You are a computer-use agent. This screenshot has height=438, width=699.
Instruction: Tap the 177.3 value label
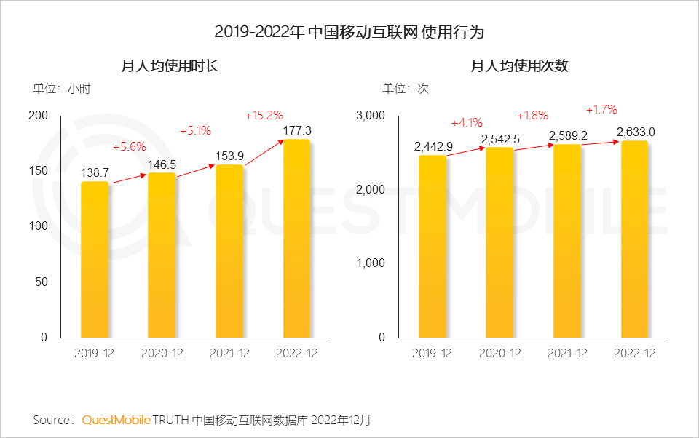pyautogui.click(x=296, y=130)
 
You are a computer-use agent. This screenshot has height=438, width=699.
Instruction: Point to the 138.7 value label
pyautogui.click(x=95, y=172)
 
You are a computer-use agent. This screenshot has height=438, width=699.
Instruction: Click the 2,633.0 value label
pyautogui.click(x=636, y=132)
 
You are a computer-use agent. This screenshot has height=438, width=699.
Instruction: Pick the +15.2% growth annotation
pyautogui.click(x=264, y=115)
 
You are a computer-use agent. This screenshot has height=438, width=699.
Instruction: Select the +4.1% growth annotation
pyautogui.click(x=467, y=122)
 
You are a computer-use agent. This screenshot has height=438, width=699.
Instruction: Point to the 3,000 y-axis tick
pyautogui.click(x=371, y=116)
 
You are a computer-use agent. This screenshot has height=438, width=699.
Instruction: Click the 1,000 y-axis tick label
pyautogui.click(x=371, y=263)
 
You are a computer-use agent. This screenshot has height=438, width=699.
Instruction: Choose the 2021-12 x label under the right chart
pyautogui.click(x=567, y=353)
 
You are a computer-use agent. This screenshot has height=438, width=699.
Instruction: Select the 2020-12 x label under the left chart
pyautogui.click(x=162, y=353)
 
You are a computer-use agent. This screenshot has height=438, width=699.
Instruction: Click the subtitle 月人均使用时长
pyautogui.click(x=170, y=65)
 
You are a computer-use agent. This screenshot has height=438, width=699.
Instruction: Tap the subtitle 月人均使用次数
pyautogui.click(x=518, y=65)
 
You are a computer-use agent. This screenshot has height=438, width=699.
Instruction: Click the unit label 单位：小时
pyautogui.click(x=61, y=89)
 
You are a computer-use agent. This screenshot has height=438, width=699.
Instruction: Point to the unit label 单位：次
pyautogui.click(x=405, y=89)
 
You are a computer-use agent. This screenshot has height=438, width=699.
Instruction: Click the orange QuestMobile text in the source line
pyautogui.click(x=116, y=420)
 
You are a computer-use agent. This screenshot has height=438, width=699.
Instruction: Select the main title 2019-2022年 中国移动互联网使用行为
pyautogui.click(x=349, y=32)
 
